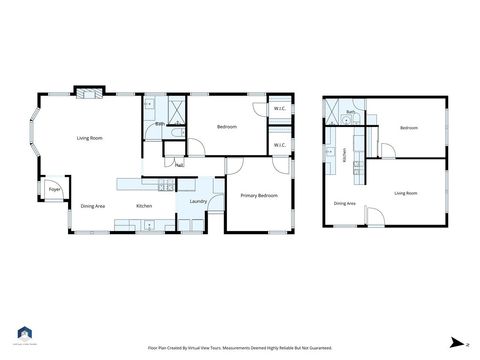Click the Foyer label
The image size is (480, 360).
54,188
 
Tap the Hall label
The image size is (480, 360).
178,166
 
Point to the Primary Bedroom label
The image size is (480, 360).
259,196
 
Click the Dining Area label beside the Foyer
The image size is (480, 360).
92,206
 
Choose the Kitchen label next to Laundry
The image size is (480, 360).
144,206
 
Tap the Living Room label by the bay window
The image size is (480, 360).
92,138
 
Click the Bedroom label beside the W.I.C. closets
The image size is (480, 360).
227,127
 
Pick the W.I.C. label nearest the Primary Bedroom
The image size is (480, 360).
281,146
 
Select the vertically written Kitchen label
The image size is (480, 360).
345,156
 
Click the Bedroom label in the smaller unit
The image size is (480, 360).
408,128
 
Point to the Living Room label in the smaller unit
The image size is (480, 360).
405,192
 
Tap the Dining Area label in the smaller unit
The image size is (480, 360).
344,203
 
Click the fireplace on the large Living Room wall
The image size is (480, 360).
89,93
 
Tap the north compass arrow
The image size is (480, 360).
454,343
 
